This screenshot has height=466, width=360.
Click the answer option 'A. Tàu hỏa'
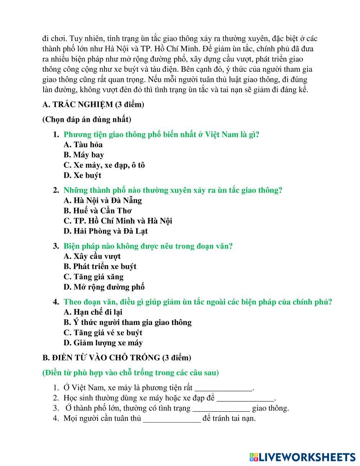pyautogui.click(x=83, y=145)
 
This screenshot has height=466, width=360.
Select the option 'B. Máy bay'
pyautogui.click(x=84, y=155)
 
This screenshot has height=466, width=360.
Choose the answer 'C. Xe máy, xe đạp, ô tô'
pyautogui.click(x=104, y=165)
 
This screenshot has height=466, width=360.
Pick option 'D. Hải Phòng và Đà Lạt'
pyautogui.click(x=105, y=231)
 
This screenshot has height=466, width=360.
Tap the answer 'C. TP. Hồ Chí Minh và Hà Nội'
pyautogui.click(x=118, y=221)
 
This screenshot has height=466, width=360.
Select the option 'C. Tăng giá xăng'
pyautogui.click(x=94, y=277)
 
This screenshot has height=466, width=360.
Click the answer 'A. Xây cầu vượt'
pyautogui.click(x=92, y=256)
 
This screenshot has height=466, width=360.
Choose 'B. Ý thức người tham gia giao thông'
pyautogui.click(x=127, y=322)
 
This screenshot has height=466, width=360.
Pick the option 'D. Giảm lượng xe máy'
pyautogui.click(x=103, y=343)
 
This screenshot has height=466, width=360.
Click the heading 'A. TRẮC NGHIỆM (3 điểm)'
pyautogui.click(x=93, y=105)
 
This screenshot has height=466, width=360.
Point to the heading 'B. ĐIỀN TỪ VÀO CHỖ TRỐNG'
pyautogui.click(x=117, y=358)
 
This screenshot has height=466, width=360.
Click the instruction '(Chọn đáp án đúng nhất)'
pyautogui.click(x=87, y=120)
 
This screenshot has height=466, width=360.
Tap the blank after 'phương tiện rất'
pyautogui.click(x=223, y=389)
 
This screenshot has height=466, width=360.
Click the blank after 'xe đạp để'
pyautogui.click(x=245, y=399)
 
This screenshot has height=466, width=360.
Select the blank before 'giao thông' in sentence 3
pyautogui.click(x=221, y=409)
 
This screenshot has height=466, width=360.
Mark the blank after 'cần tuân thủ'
pyautogui.click(x=172, y=419)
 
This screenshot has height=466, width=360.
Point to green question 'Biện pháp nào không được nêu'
pyautogui.click(x=148, y=246)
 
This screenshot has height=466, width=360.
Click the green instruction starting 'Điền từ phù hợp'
pyautogui.click(x=131, y=373)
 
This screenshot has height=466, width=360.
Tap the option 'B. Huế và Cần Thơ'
pyautogui.click(x=98, y=211)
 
